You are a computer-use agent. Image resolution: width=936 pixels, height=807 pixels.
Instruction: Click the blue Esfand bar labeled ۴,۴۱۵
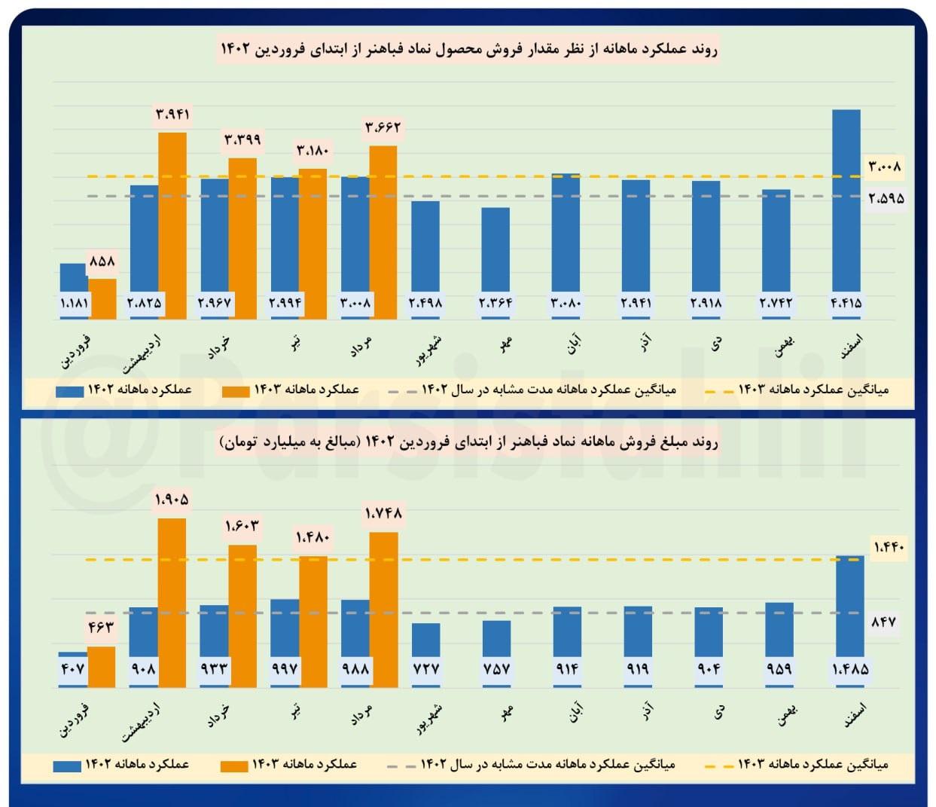[846, 203]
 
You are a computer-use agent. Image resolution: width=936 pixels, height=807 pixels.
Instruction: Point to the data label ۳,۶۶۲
[383, 127]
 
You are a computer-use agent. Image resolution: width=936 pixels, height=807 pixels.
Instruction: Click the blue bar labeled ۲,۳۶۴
[495, 252]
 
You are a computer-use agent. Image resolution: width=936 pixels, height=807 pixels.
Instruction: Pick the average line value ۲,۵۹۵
[886, 199]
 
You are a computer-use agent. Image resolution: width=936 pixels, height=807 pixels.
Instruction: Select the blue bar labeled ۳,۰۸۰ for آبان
[566, 234]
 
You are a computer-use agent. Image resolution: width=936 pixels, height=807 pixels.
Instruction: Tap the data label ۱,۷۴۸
[383, 514]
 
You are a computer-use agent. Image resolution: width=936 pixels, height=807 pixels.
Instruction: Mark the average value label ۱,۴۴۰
[889, 547]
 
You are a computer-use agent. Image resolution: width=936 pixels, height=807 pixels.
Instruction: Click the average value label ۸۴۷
[883, 622]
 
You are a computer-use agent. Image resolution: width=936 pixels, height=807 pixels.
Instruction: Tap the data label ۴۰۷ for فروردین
[72, 668]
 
